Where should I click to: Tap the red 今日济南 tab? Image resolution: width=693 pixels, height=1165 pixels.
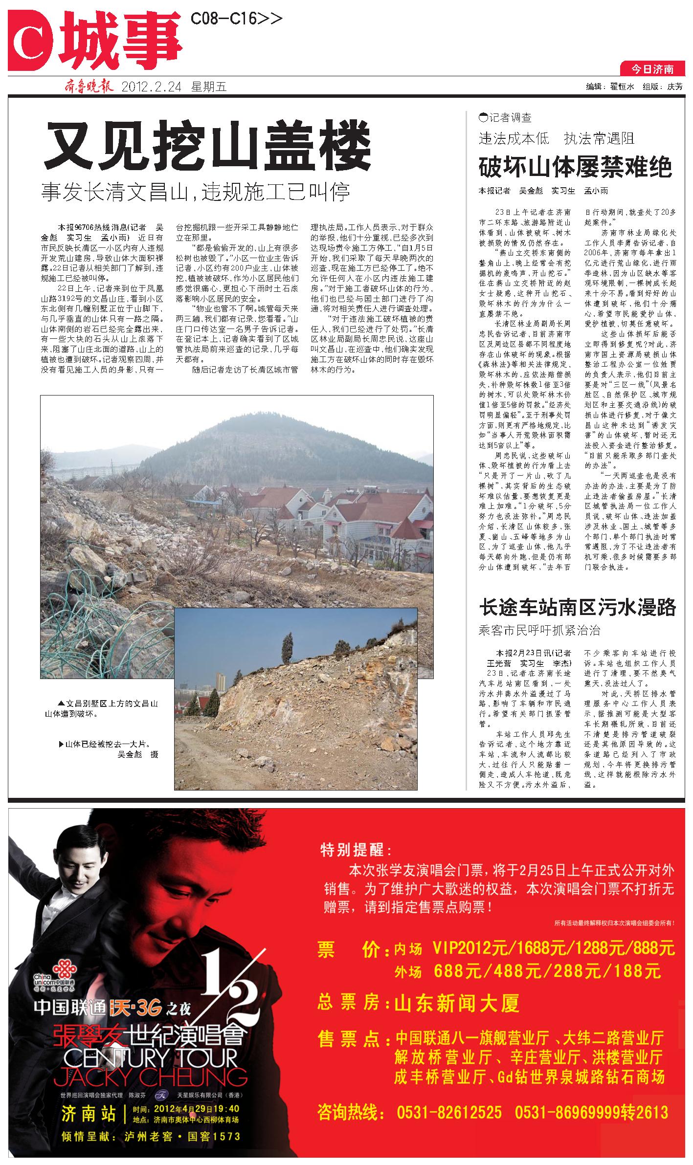click(x=652, y=69)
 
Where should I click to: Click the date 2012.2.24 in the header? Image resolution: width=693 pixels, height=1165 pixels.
click(x=151, y=88)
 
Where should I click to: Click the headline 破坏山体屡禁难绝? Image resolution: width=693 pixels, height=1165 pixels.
click(x=575, y=167)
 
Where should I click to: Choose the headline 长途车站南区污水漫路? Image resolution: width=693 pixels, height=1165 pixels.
click(x=577, y=607)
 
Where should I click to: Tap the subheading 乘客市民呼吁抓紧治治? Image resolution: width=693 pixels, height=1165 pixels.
click(x=539, y=630)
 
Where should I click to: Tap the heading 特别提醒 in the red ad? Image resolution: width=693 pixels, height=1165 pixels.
click(x=355, y=850)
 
